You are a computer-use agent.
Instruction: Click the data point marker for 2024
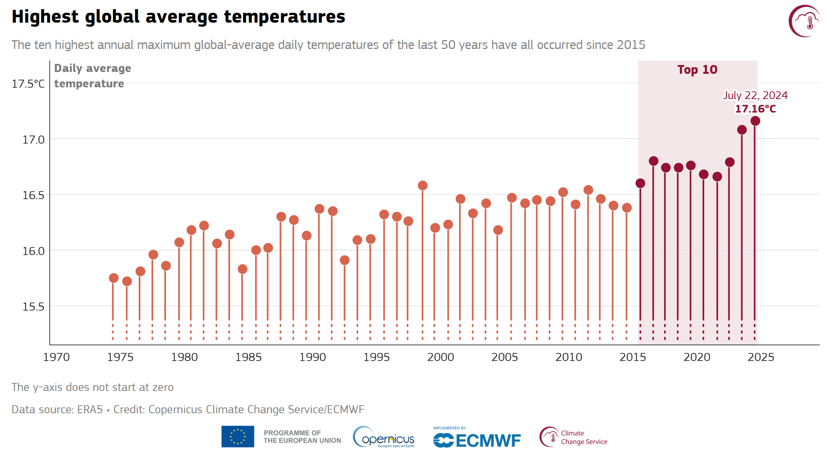755,121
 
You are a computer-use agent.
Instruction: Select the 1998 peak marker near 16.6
422,186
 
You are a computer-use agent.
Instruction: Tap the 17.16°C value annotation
755,109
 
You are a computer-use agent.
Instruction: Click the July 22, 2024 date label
755,95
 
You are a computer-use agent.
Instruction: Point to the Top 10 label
697,70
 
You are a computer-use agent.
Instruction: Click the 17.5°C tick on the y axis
28,84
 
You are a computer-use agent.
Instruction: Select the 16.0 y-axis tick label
33,251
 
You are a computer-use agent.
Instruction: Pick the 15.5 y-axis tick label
33,307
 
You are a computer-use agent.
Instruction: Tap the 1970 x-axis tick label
56,357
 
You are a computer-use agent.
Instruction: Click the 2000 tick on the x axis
440,357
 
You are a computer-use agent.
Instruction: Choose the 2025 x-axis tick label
761,357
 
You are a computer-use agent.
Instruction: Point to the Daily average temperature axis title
92,76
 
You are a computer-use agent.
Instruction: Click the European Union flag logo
238,437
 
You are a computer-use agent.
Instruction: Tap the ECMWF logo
477,438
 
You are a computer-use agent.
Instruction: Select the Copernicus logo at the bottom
384,437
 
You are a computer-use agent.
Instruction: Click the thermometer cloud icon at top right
804,21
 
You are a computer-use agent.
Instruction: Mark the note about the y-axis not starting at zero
92,387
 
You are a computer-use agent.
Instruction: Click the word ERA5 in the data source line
90,410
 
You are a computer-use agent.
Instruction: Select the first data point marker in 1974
114,278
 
